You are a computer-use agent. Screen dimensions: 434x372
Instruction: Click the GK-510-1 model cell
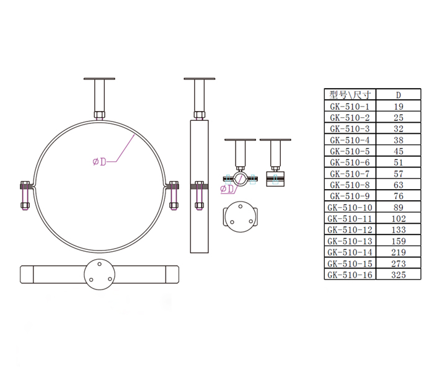[x=350, y=107]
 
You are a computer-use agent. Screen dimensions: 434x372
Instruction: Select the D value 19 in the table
[x=398, y=107]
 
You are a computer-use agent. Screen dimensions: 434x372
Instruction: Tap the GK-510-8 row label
[x=350, y=185]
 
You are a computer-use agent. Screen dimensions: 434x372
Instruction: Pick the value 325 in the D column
[x=398, y=275]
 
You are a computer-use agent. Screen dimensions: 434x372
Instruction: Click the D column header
[x=398, y=95]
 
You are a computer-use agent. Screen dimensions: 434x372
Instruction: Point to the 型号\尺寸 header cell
[x=350, y=95]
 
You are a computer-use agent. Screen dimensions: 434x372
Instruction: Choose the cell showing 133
[x=398, y=230]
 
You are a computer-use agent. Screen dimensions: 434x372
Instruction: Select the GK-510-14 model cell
[x=350, y=252]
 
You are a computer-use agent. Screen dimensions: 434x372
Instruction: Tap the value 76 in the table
[x=398, y=196]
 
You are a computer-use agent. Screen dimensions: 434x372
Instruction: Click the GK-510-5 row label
[x=350, y=151]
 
